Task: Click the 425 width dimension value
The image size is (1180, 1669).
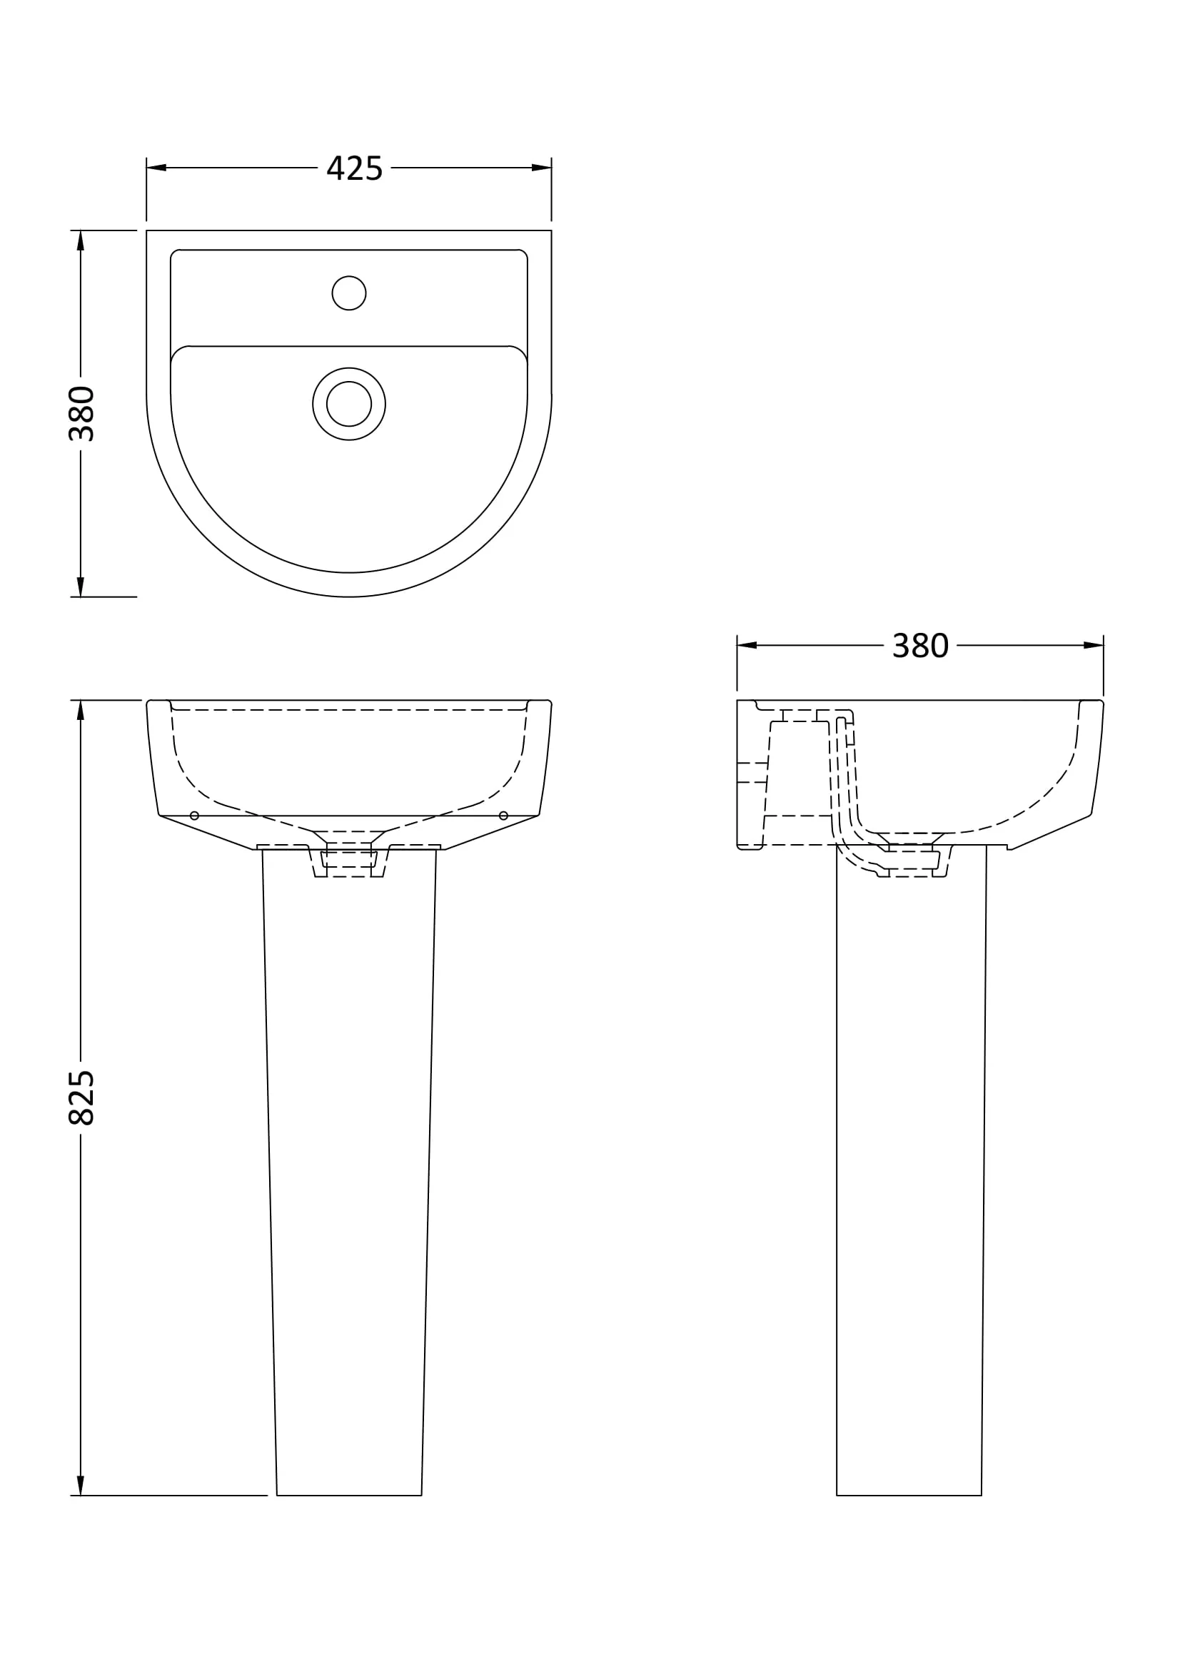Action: point(354,168)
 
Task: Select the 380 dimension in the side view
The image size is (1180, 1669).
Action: point(919,646)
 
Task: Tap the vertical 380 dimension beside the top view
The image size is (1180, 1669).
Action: point(81,414)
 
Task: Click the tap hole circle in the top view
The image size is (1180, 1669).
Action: point(349,293)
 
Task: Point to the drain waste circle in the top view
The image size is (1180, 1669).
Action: point(349,403)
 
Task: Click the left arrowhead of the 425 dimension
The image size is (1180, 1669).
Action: point(156,168)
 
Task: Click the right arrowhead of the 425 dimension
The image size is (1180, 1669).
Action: point(542,168)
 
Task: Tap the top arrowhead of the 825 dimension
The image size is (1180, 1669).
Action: point(81,710)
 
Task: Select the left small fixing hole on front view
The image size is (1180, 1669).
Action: point(194,816)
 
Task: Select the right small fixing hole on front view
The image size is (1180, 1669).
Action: point(503,816)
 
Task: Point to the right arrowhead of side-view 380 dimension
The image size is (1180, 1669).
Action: point(1094,646)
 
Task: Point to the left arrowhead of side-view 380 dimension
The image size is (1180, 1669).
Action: point(747,646)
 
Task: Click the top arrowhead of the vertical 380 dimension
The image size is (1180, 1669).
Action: point(81,240)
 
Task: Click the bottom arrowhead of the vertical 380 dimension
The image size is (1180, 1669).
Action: point(81,587)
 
